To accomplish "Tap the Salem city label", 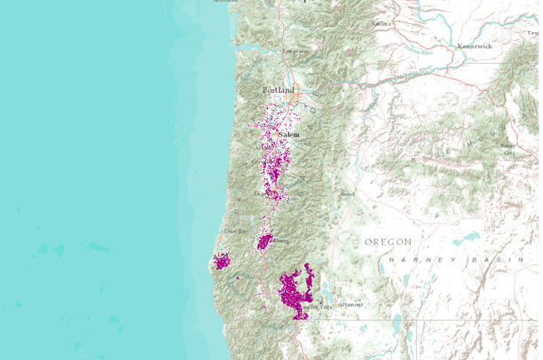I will click(289, 134).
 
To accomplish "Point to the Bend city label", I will click(348, 192).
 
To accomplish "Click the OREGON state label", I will click(388, 241).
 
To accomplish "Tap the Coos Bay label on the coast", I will click(235, 231).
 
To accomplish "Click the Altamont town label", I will click(350, 304).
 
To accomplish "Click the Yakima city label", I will click(382, 23).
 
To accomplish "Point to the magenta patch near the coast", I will click(221, 261).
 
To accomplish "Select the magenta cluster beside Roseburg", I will click(264, 240).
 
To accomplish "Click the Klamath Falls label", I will click(319, 307).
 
